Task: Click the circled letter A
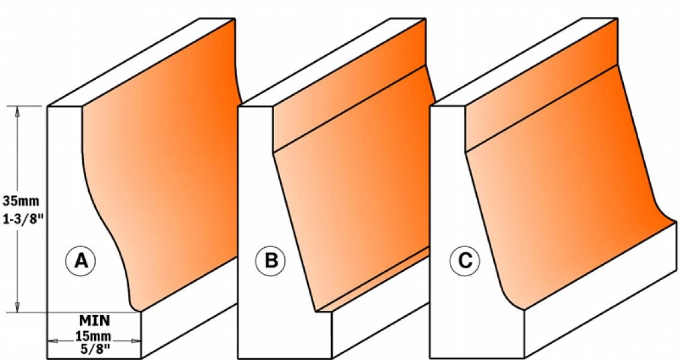click(80, 261)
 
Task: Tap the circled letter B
click(271, 261)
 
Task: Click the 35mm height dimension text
click(21, 201)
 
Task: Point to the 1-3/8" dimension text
click(23, 219)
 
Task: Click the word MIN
click(94, 321)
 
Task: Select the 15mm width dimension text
click(92, 336)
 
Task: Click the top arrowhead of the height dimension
click(17, 111)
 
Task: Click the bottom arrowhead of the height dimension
click(17, 307)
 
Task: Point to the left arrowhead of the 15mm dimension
click(52, 341)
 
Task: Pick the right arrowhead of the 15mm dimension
click(136, 341)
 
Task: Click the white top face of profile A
click(142, 62)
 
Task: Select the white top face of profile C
click(524, 62)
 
